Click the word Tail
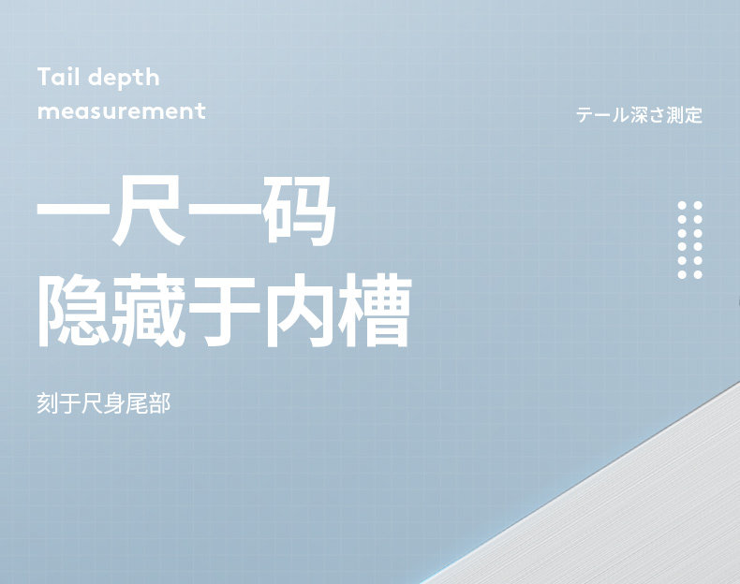58,77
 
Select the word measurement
122,111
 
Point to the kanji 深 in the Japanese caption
639,115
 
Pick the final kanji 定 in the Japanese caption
694,115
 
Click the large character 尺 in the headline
149,211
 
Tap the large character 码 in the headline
299,211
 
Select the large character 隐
74,311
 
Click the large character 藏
149,311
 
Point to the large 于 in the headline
224,311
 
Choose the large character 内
299,311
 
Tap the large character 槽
376,311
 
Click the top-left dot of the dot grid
682,206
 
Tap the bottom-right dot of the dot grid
698,274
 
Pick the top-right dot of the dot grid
698,206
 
